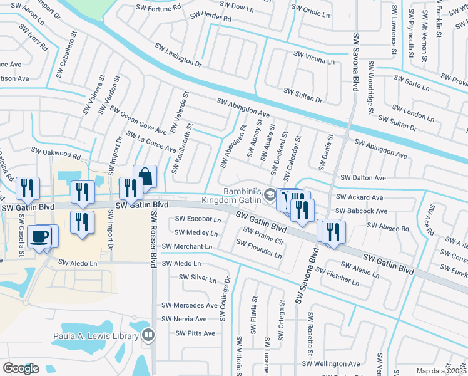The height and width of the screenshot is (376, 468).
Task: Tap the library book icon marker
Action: click(148, 336)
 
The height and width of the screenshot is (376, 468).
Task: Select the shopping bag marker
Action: click(145, 177)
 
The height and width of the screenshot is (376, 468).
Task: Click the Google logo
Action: click(21, 368)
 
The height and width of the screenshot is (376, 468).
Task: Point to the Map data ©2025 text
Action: click(442, 371)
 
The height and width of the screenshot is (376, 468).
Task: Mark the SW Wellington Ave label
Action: click(332, 363)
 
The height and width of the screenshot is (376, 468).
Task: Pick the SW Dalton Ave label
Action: click(364, 178)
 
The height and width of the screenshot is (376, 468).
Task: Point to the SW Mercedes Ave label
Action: click(190, 305)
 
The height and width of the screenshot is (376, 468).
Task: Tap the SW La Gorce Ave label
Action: click(151, 142)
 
